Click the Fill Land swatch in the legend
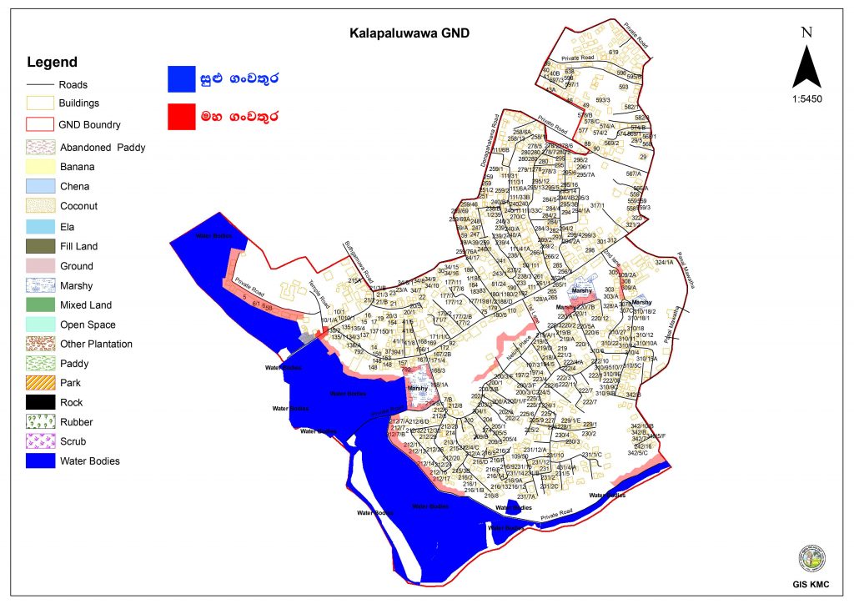[39, 246]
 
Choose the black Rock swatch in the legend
[39, 402]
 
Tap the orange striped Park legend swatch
[39, 383]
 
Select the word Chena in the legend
[74, 187]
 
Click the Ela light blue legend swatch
[39, 226]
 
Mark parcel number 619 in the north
[613, 53]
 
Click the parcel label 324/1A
[664, 264]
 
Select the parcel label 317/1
[596, 206]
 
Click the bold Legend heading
[52, 63]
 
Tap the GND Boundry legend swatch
[39, 124]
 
